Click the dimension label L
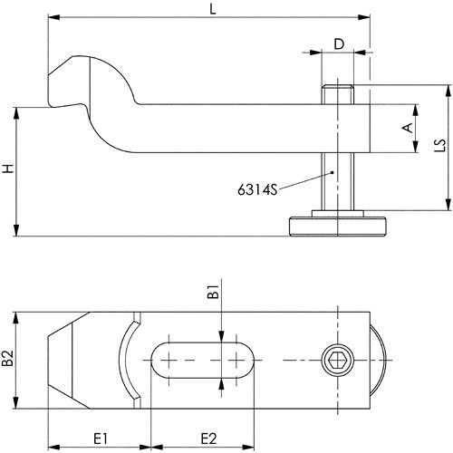(213, 9)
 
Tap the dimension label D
(339, 44)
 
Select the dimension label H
(8, 169)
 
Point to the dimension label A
(408, 128)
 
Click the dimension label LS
(440, 145)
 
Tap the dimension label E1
(101, 439)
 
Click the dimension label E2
(209, 439)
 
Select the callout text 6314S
(257, 190)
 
